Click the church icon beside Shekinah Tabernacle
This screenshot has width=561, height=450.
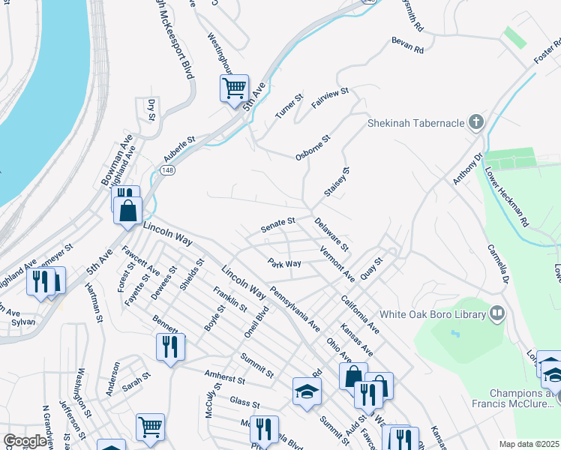[x=475, y=122]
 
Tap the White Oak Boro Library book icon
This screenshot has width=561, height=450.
[x=496, y=313]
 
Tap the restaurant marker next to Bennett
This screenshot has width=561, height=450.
[x=170, y=346]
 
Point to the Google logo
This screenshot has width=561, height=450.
[x=24, y=441]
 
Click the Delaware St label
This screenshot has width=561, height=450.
[x=331, y=234]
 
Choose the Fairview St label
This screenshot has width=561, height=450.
[x=330, y=99]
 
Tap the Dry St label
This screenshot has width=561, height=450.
[x=151, y=109]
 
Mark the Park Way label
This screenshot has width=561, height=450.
[x=285, y=263]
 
